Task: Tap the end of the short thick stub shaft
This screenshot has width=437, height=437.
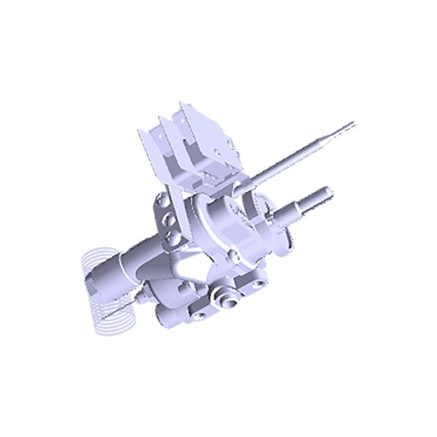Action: (330, 193)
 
